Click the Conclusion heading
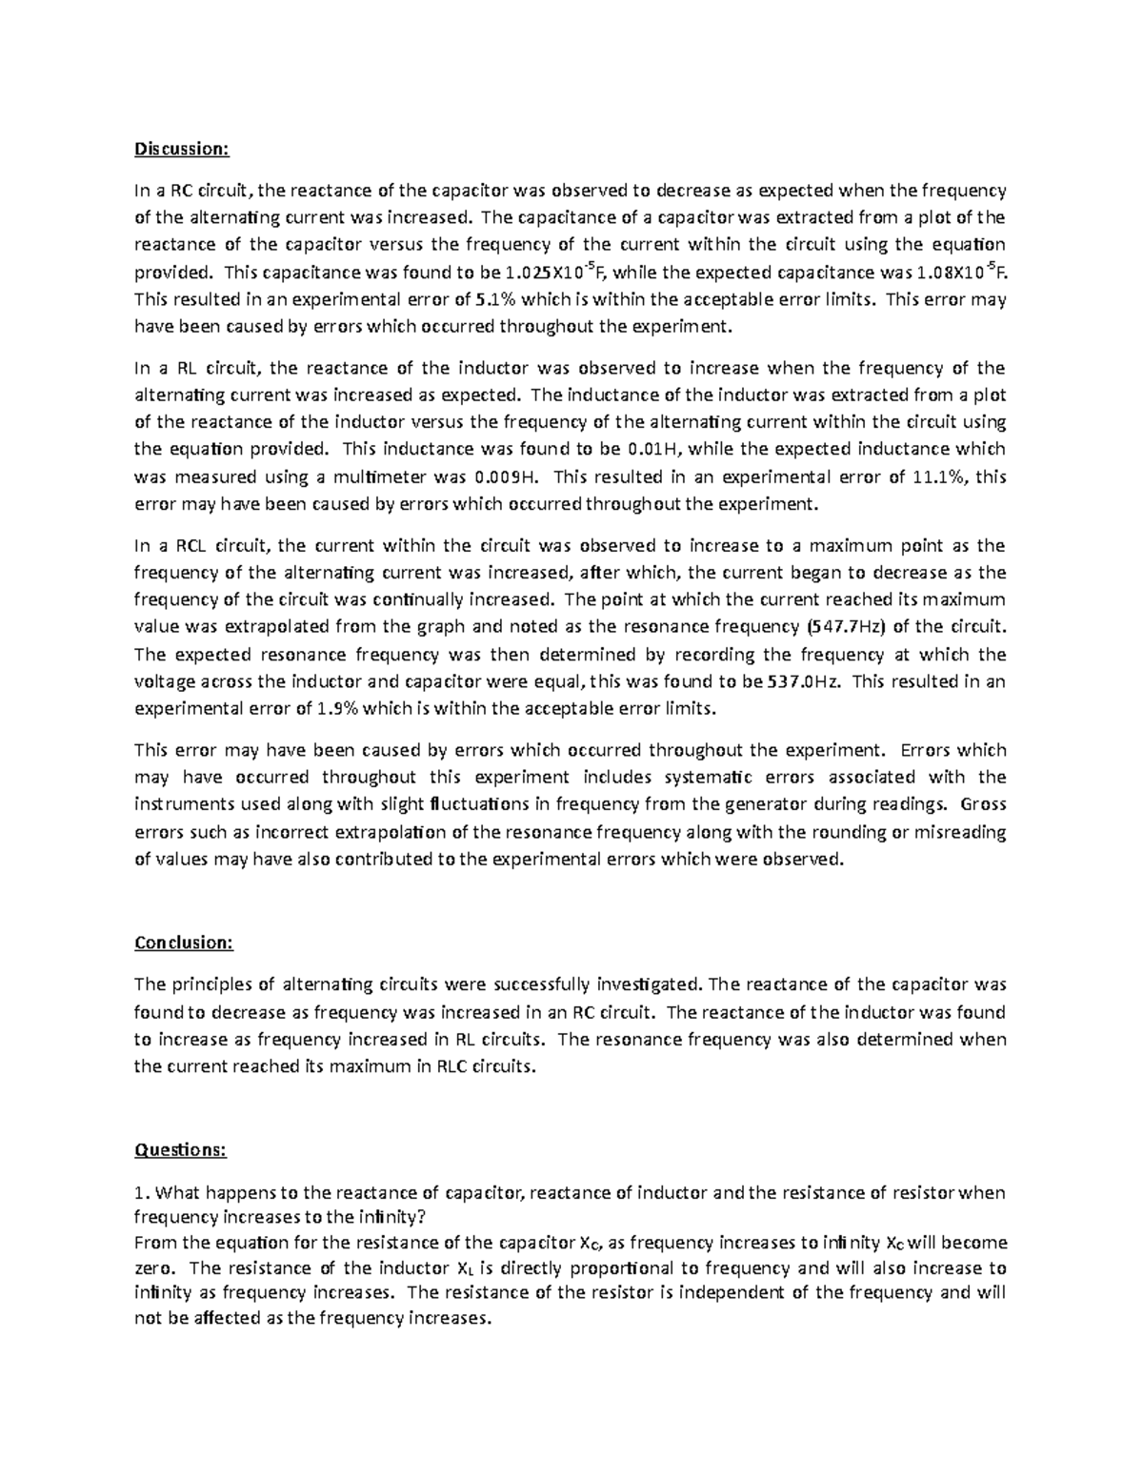coord(184,943)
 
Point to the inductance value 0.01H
coord(654,449)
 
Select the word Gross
coord(984,804)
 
